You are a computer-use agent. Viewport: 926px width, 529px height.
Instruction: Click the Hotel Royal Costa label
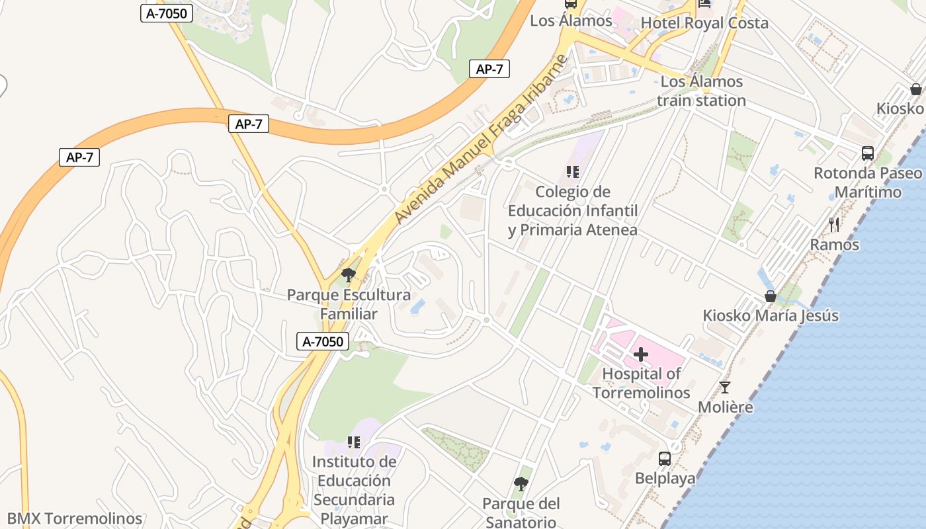[704, 24]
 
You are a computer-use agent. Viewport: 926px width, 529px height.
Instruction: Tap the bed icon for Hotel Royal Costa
[704, 3]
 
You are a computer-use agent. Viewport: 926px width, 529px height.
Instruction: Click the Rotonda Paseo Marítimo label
[867, 183]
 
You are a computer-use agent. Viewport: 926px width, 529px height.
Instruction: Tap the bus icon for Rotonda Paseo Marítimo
[867, 153]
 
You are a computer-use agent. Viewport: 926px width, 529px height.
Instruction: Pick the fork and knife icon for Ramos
[834, 225]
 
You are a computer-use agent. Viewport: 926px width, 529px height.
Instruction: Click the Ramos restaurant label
[834, 245]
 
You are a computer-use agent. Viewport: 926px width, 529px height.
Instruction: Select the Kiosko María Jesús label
[771, 315]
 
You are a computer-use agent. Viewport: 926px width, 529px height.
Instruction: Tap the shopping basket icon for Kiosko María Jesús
[770, 296]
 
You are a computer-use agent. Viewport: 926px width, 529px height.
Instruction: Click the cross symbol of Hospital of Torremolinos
[640, 354]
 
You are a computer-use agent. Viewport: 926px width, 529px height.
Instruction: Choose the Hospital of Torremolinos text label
[641, 383]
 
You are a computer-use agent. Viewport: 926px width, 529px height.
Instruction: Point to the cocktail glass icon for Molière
[725, 387]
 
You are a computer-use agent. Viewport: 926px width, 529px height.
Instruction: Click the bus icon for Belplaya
[665, 459]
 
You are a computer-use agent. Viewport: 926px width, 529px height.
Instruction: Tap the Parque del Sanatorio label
[521, 512]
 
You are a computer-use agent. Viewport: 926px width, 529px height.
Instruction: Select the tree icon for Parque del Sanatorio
[521, 484]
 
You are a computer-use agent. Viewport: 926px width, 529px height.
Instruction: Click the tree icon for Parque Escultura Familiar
[349, 274]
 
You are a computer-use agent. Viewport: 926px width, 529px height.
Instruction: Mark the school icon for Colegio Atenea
[573, 172]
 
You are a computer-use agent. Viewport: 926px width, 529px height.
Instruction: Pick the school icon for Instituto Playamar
[354, 442]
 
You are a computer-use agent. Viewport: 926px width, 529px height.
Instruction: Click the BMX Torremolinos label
[75, 519]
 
